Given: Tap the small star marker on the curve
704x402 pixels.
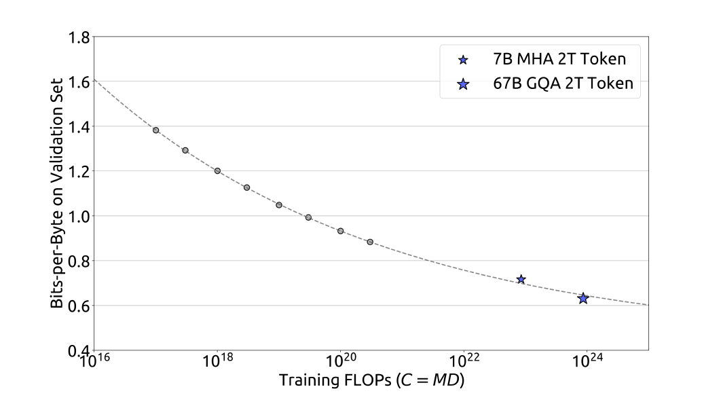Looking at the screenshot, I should click(521, 279).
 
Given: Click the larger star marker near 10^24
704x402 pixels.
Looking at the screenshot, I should click(582, 298).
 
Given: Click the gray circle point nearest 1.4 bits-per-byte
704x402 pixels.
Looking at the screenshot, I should click(155, 130).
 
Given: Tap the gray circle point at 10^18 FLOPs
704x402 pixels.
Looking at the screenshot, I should click(217, 170).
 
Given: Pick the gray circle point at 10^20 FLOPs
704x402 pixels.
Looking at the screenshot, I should click(341, 231).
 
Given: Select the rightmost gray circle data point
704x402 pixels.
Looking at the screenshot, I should click(370, 242).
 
